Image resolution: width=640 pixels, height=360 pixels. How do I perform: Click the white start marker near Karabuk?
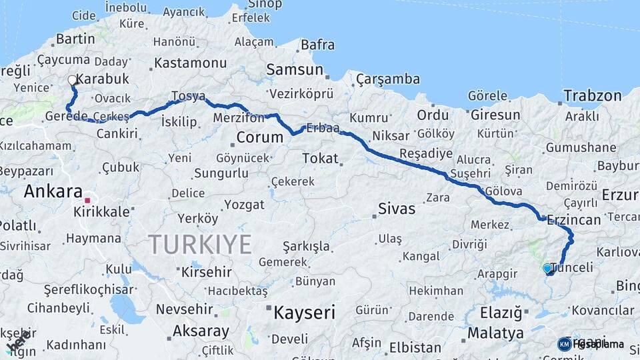(x=72, y=81)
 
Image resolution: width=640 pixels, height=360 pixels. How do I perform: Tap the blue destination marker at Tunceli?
(x=547, y=269)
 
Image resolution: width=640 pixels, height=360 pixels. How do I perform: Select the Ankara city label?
(x=53, y=191)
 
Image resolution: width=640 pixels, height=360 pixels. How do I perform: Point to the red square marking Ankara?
(x=87, y=199)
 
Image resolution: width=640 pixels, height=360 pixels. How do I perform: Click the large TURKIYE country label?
(x=199, y=244)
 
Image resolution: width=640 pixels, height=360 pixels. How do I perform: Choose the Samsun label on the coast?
(x=295, y=69)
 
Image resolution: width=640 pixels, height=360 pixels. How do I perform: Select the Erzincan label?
(x=574, y=219)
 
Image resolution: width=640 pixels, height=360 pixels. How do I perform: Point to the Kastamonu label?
(x=190, y=63)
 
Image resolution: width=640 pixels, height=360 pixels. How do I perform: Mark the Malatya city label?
(x=495, y=333)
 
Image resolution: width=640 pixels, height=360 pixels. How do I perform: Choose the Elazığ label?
(x=501, y=312)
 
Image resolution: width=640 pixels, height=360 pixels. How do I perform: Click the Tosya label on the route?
(x=188, y=96)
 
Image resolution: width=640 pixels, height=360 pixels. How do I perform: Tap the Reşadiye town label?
(x=425, y=154)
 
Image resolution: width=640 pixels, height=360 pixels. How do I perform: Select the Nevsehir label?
(x=184, y=309)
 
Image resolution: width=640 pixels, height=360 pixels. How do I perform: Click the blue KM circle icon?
(x=564, y=344)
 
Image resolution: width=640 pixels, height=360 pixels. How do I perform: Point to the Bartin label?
(x=75, y=39)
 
